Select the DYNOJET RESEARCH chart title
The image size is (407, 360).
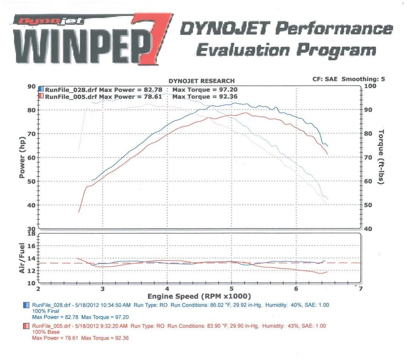click(x=202, y=81)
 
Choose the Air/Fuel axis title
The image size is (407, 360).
click(x=23, y=258)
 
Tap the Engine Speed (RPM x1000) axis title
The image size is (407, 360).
click(x=200, y=296)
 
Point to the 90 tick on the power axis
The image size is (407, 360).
click(x=31, y=86)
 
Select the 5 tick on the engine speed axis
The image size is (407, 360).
click(x=232, y=289)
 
